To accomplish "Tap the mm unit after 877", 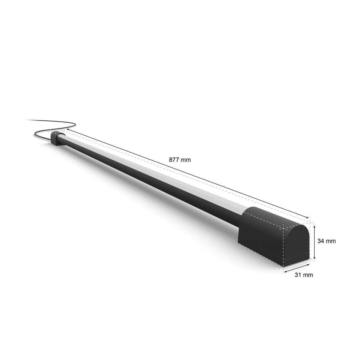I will (x=186, y=160).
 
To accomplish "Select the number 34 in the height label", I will (x=321, y=241).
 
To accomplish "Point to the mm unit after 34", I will (x=331, y=241).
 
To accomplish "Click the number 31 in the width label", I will (x=298, y=274).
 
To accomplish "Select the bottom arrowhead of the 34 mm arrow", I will (x=314, y=258).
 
